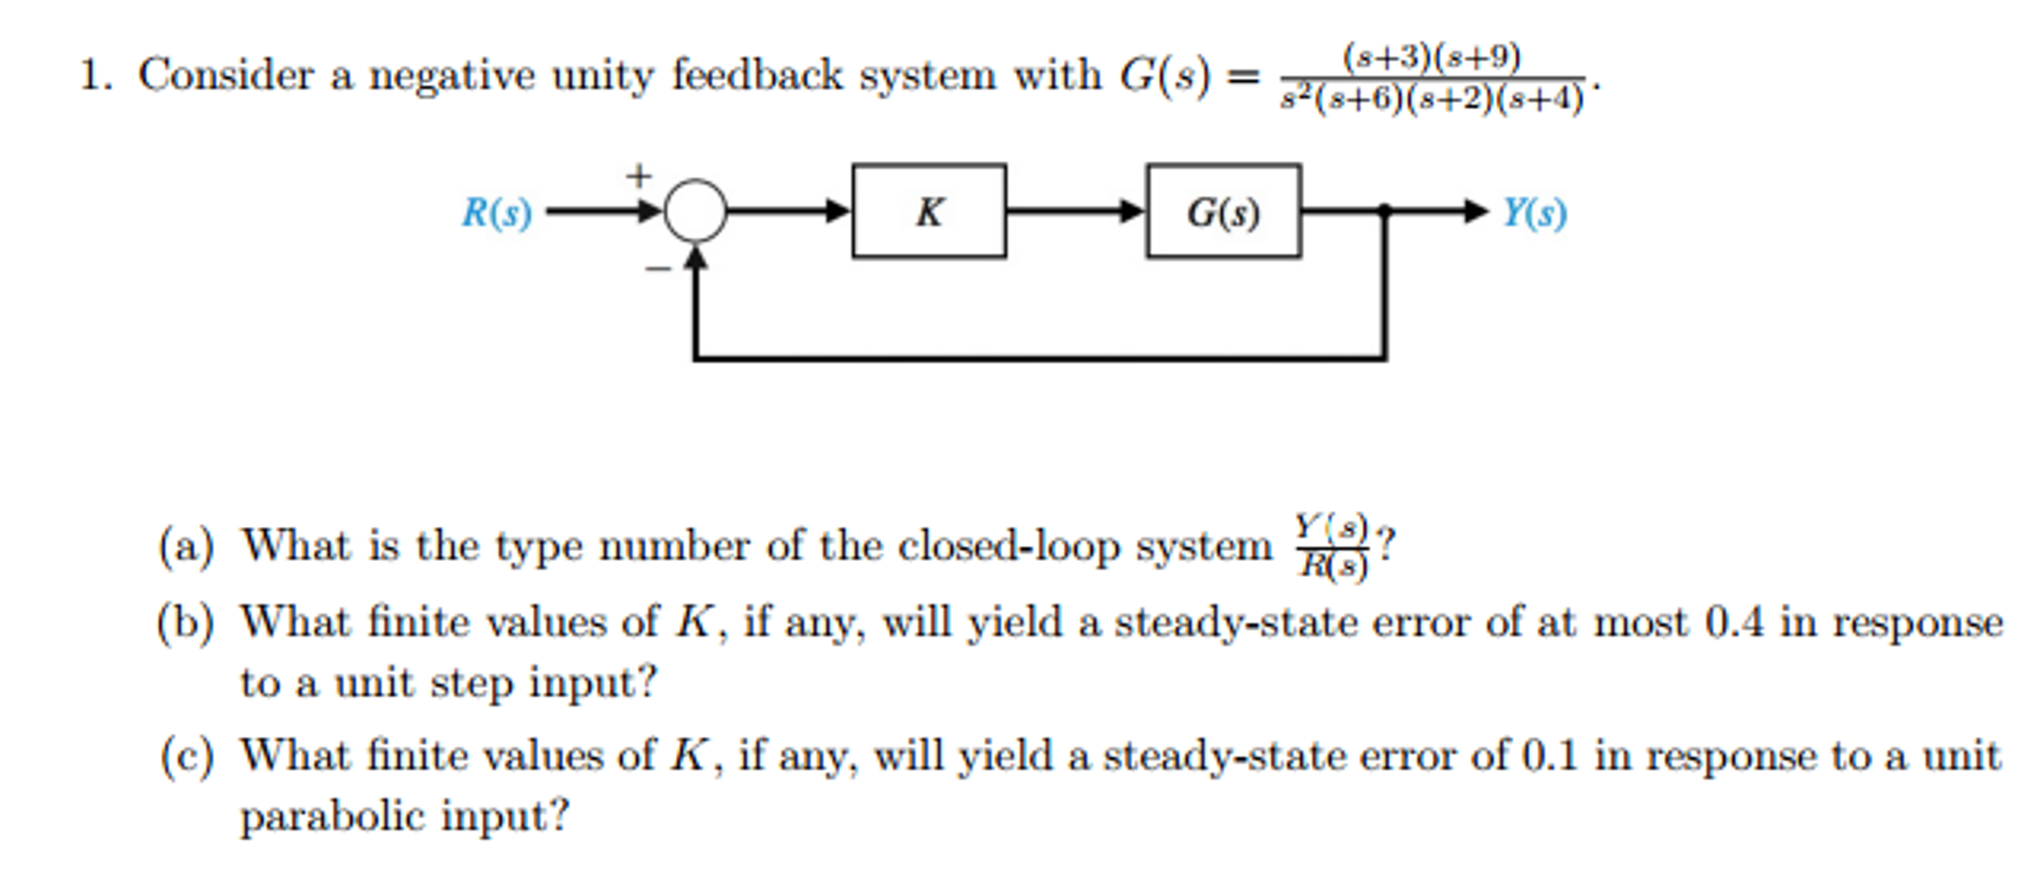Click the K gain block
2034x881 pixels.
tap(929, 212)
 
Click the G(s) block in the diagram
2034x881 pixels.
tap(1223, 212)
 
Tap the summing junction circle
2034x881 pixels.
tap(695, 211)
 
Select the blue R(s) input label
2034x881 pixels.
tap(496, 213)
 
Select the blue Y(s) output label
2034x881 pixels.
tap(1534, 213)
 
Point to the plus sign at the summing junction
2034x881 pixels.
tap(638, 176)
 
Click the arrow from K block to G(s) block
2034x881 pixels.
tap(1074, 211)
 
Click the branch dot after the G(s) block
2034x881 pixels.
tap(1384, 211)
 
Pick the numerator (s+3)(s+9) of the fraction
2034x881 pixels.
tap(1432, 57)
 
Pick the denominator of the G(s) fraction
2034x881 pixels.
tap(1432, 99)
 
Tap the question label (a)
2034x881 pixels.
tap(186, 546)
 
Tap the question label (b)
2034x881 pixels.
tap(186, 622)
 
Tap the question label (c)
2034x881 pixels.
tap(186, 756)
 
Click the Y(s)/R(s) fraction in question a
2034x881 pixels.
tap(1332, 546)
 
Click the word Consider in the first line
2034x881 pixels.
tap(226, 76)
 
